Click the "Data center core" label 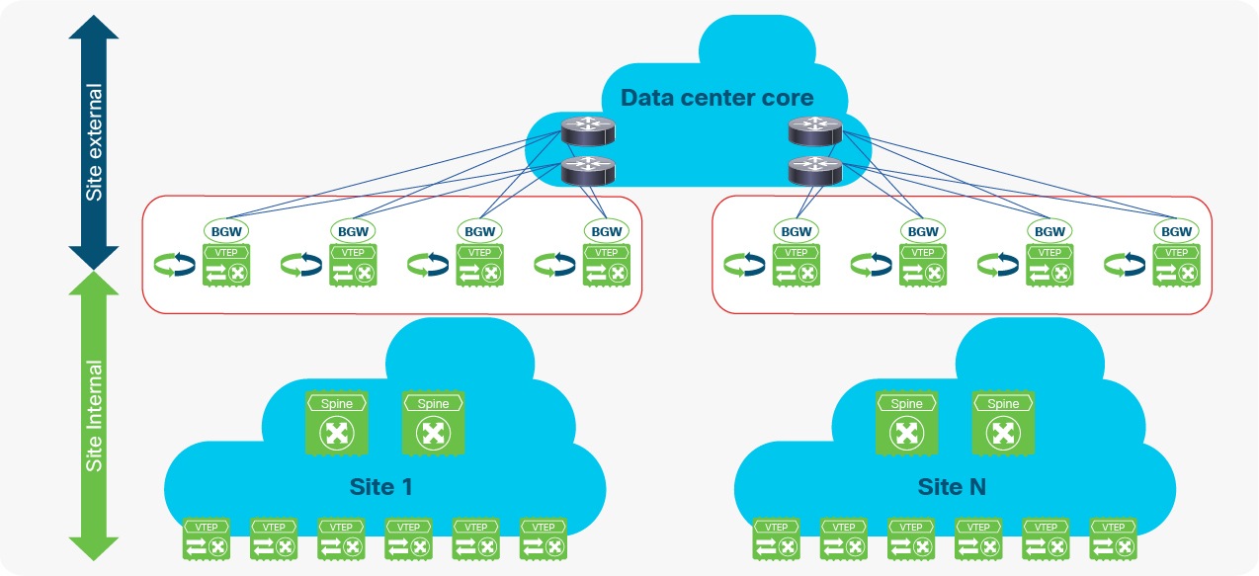click(716, 98)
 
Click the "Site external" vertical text click(94, 141)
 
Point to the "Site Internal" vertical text click(94, 416)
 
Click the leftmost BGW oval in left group click(227, 231)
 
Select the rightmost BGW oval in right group click(1176, 231)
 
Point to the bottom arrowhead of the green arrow click(94, 549)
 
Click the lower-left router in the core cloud click(587, 171)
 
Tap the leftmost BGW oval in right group click(797, 231)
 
